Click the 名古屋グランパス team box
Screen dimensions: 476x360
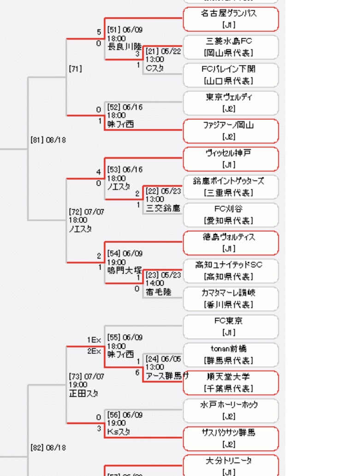click(231, 19)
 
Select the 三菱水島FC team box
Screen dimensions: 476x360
click(231, 47)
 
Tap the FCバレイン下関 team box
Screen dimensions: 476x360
click(231, 75)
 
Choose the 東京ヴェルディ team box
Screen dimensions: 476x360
click(231, 103)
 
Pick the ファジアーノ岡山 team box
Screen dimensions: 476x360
click(231, 131)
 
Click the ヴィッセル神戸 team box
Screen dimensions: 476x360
click(231, 159)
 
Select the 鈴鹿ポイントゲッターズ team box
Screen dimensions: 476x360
click(231, 187)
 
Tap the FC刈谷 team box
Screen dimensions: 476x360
click(231, 215)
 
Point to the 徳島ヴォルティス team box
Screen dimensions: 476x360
click(231, 243)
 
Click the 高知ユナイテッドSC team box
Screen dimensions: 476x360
click(231, 270)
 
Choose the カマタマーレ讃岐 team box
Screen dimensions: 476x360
click(231, 299)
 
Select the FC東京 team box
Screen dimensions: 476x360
click(231, 327)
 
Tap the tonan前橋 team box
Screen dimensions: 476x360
click(231, 354)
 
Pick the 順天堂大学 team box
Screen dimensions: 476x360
click(231, 382)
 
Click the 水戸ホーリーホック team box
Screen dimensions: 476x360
click(231, 411)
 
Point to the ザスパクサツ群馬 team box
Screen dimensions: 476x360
click(231, 438)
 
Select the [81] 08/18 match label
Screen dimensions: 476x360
click(48, 140)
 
